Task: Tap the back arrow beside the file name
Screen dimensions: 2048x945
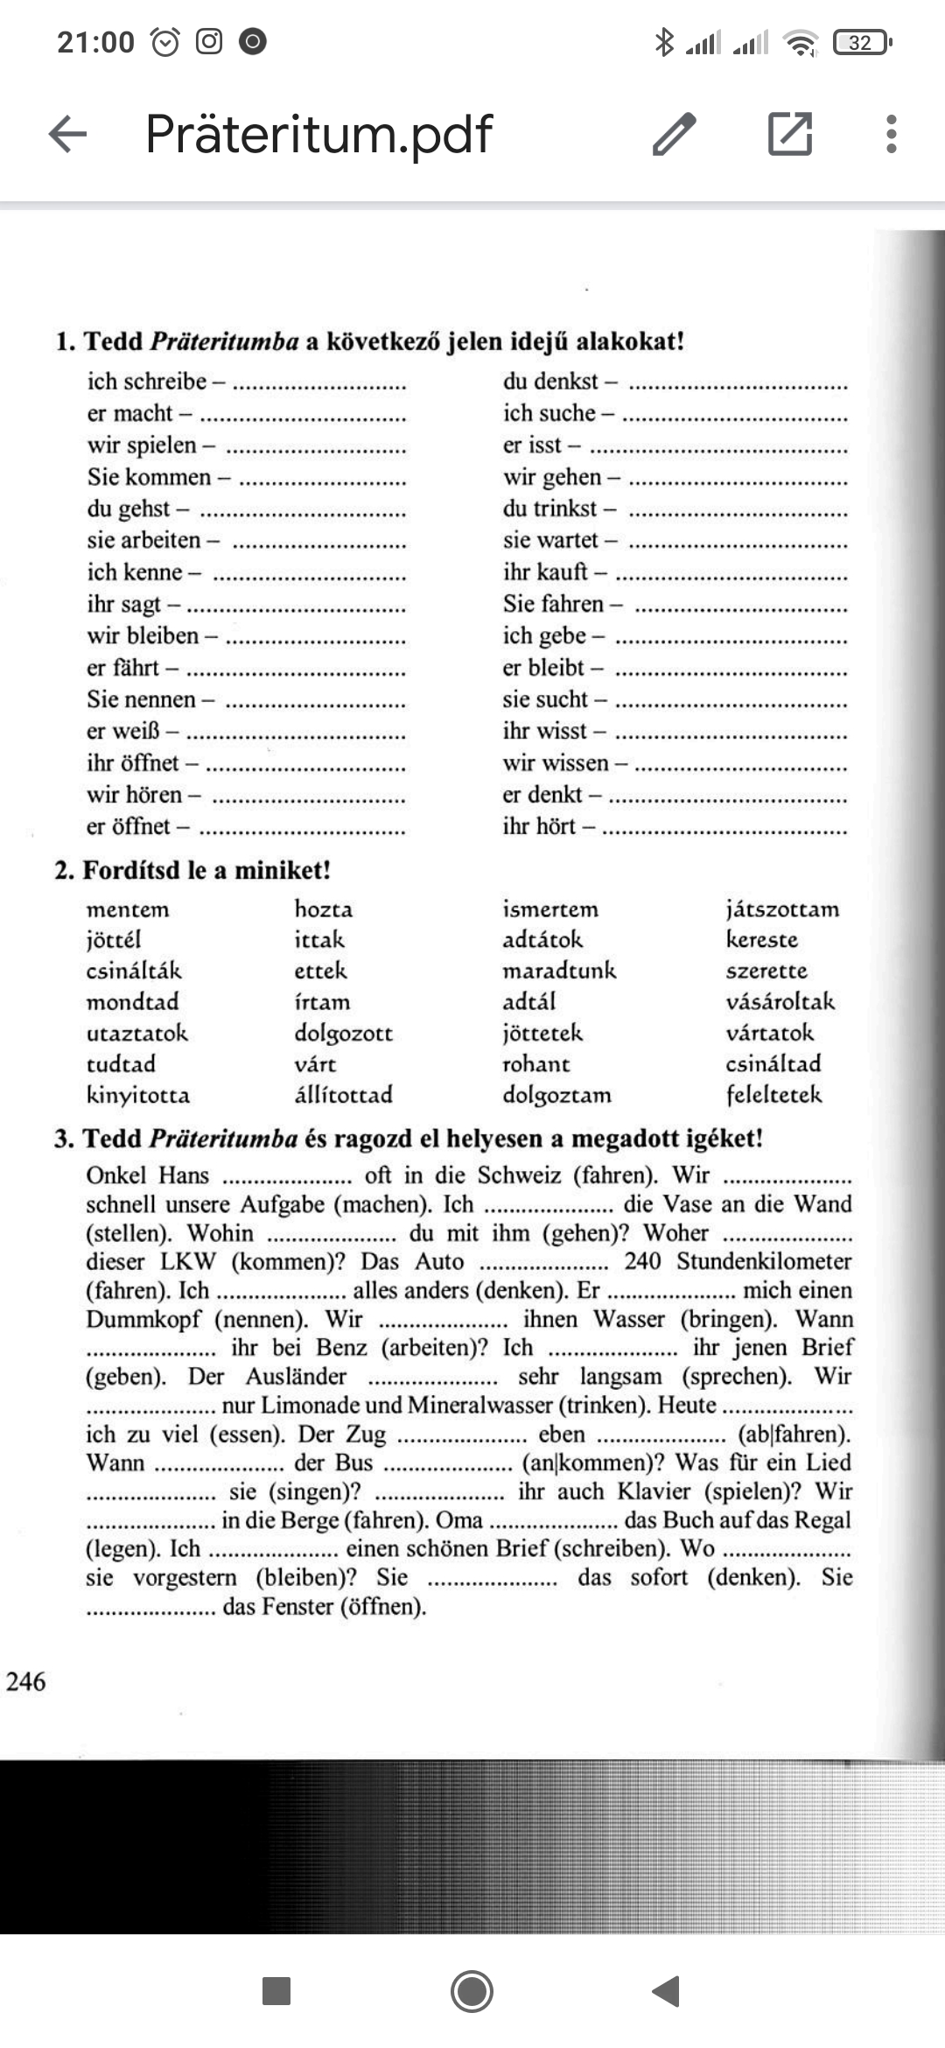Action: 67,134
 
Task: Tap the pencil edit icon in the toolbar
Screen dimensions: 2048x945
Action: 674,134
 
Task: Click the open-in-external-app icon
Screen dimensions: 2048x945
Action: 789,134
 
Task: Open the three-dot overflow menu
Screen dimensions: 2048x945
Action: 891,134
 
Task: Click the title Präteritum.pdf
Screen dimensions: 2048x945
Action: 318,134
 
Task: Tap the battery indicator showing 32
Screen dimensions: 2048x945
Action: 862,42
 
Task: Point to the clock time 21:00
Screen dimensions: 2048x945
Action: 95,42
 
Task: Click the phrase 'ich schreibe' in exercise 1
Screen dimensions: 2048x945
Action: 146,381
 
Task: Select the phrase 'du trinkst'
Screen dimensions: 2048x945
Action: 549,508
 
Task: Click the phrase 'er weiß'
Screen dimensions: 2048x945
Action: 123,731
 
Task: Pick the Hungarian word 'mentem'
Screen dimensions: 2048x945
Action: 128,909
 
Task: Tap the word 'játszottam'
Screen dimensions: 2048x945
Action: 781,909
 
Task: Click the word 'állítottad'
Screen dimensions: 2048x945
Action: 343,1095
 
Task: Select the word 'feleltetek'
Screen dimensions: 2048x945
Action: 773,1095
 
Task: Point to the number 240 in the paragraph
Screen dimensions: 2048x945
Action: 642,1261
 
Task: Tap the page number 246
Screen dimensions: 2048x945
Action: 25,1681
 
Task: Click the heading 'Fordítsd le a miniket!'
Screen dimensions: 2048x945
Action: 206,870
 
